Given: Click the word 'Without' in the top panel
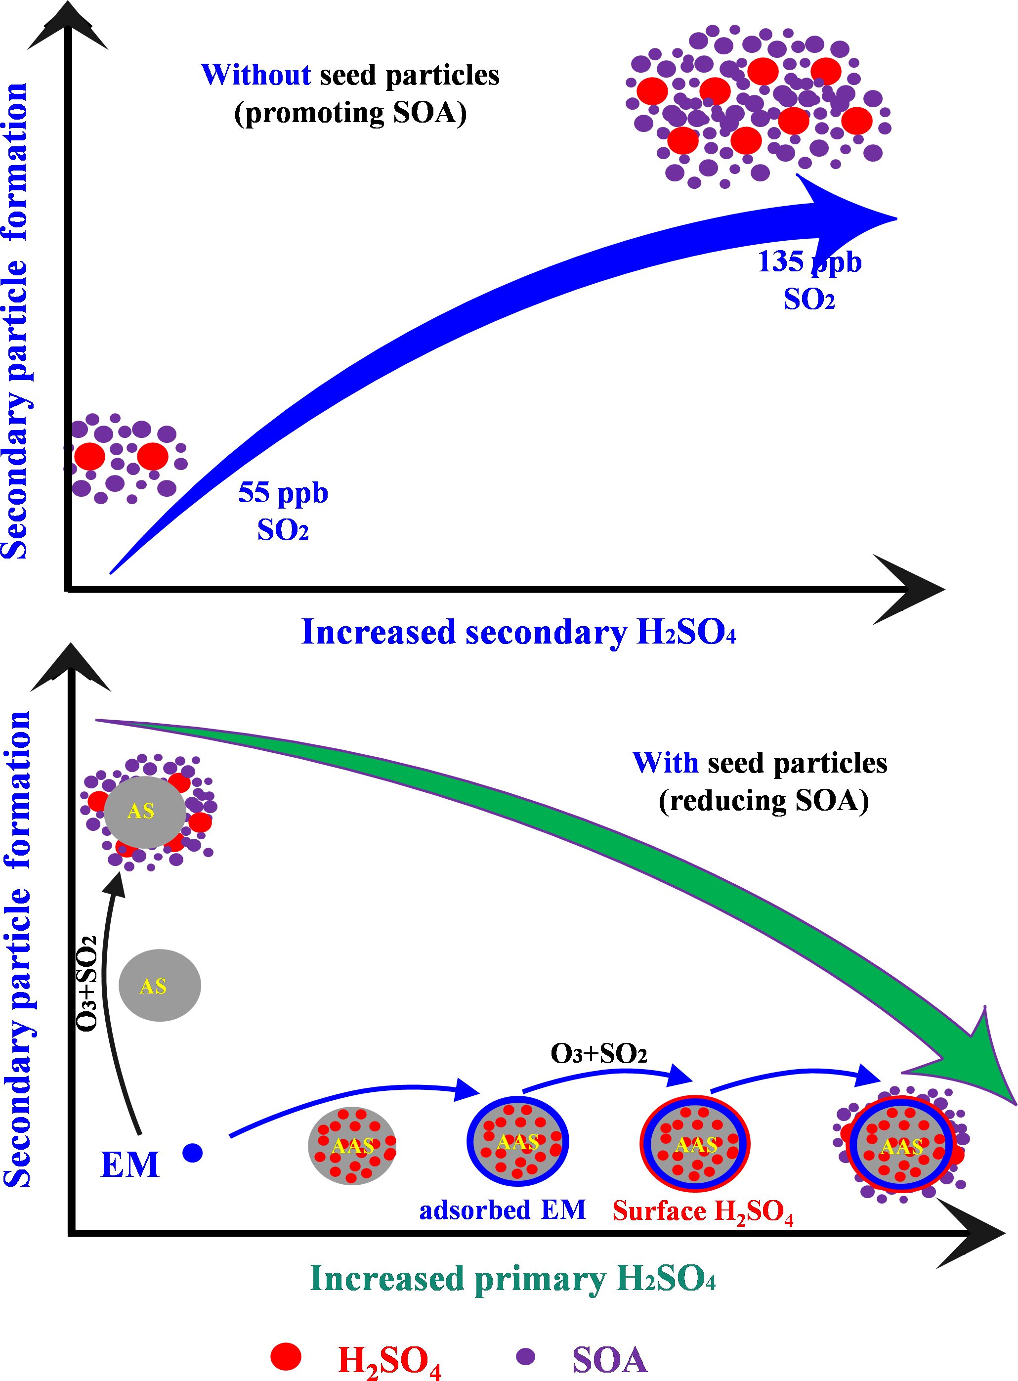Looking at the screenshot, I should pyautogui.click(x=255, y=75).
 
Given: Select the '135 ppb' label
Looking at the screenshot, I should pyautogui.click(x=808, y=261).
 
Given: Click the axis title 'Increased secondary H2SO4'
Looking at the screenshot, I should pyautogui.click(x=518, y=632).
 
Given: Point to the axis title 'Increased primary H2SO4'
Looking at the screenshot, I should pyautogui.click(x=512, y=1279).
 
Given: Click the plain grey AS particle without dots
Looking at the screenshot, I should pyautogui.click(x=160, y=986).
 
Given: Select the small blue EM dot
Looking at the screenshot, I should pyautogui.click(x=193, y=1152).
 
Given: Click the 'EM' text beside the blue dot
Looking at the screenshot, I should pyautogui.click(x=129, y=1165).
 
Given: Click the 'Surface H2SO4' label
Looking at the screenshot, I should pyautogui.click(x=703, y=1211).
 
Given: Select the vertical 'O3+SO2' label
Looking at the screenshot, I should pyautogui.click(x=86, y=984).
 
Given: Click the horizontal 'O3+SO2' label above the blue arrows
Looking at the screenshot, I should pyautogui.click(x=598, y=1053).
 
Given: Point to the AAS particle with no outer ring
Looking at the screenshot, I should pyautogui.click(x=352, y=1146).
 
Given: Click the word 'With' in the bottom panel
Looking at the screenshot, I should pyautogui.click(x=665, y=763).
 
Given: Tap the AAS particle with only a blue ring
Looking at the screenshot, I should pyautogui.click(x=517, y=1142).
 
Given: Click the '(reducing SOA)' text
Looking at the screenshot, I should pyautogui.click(x=763, y=801).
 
